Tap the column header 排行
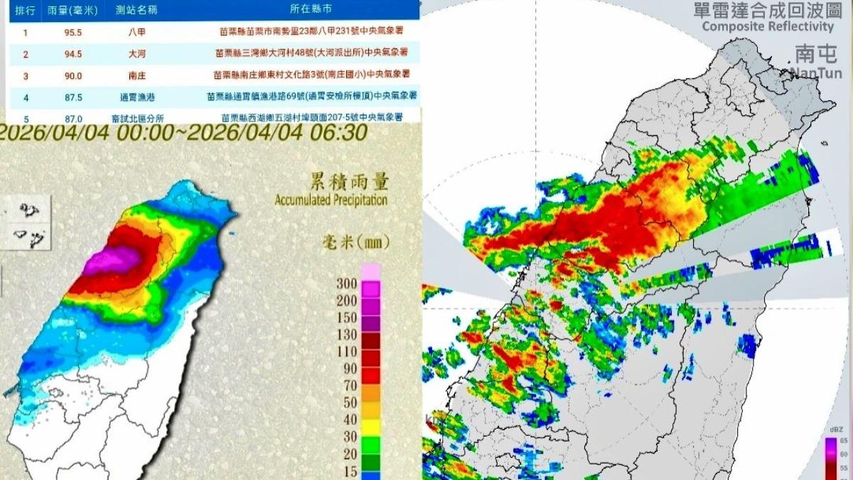pyautogui.click(x=26, y=11)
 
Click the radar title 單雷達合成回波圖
pyautogui.click(x=767, y=11)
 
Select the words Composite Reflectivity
pyautogui.click(x=767, y=26)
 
